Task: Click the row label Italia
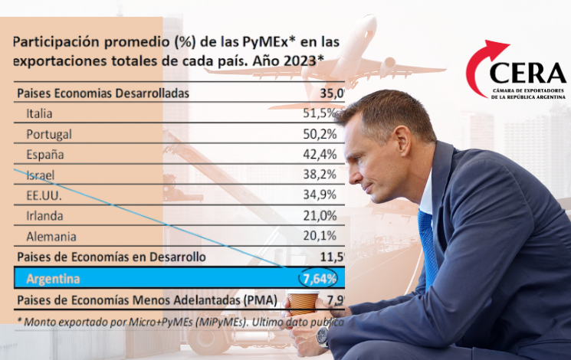click(39, 113)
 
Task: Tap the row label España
click(44, 155)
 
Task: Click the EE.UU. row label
click(44, 195)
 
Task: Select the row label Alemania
click(51, 237)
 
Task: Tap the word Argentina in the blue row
click(53, 277)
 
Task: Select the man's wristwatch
click(323, 335)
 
